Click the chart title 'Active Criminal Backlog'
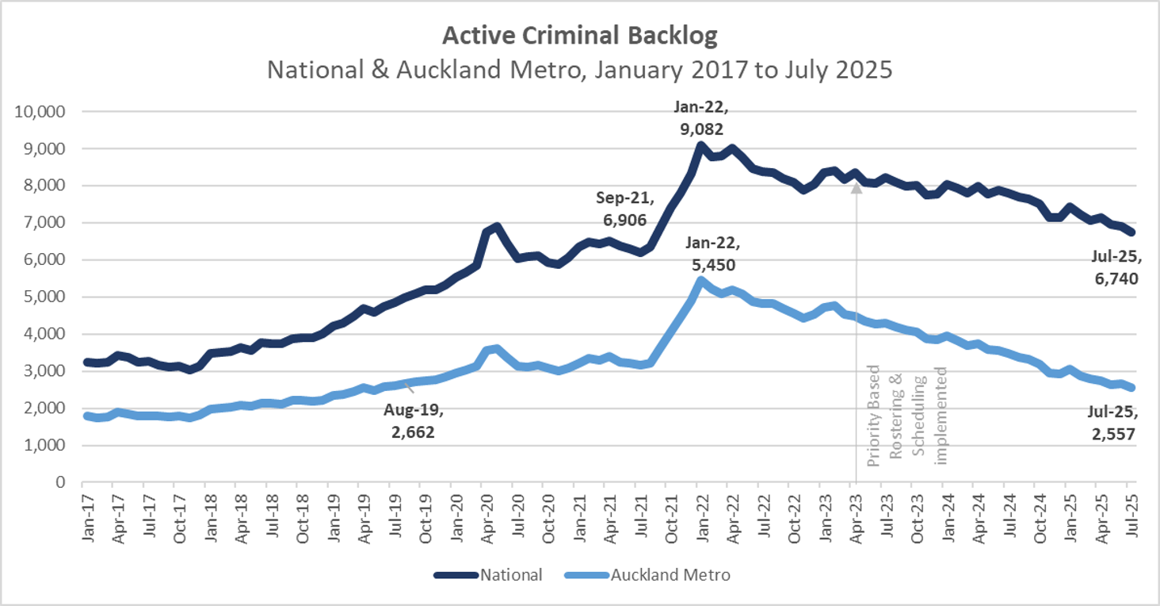pyautogui.click(x=579, y=36)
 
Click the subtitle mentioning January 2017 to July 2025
pyautogui.click(x=579, y=69)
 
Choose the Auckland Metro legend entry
pyautogui.click(x=646, y=575)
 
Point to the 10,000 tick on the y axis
pyautogui.click(x=40, y=112)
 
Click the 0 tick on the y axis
pyautogui.click(x=60, y=482)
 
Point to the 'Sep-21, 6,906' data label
pyautogui.click(x=622, y=209)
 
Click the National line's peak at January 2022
pyautogui.click(x=700, y=145)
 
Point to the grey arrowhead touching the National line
pyautogui.click(x=857, y=189)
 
